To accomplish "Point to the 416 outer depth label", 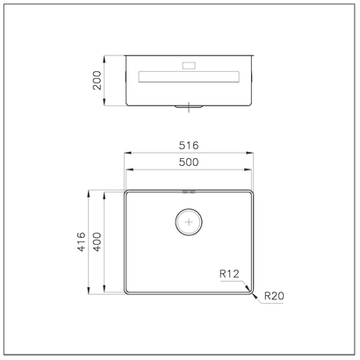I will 80,241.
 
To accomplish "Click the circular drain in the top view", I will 189,222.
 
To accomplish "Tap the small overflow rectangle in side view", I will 189,66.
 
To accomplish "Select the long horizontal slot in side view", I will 189,76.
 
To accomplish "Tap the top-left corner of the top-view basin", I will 126,190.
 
